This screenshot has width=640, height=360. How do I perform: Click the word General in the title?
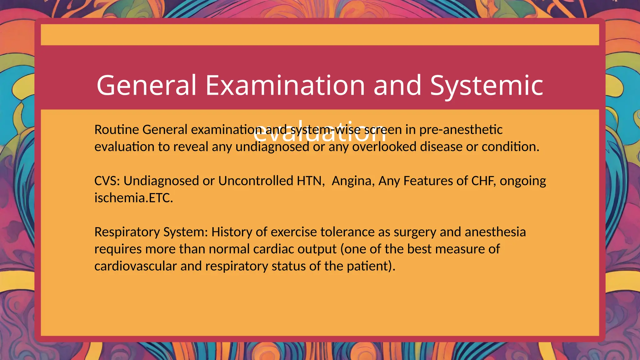click(x=147, y=85)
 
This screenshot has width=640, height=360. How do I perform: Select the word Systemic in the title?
click(x=487, y=85)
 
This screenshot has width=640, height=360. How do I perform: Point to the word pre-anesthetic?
click(x=461, y=130)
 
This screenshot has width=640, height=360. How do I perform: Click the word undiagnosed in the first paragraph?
click(x=272, y=147)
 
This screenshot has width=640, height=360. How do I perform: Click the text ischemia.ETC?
click(x=133, y=198)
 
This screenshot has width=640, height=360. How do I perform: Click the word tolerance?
click(x=347, y=232)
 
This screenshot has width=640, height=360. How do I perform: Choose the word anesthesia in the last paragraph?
click(x=495, y=232)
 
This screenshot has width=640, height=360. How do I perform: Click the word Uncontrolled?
click(x=256, y=181)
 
